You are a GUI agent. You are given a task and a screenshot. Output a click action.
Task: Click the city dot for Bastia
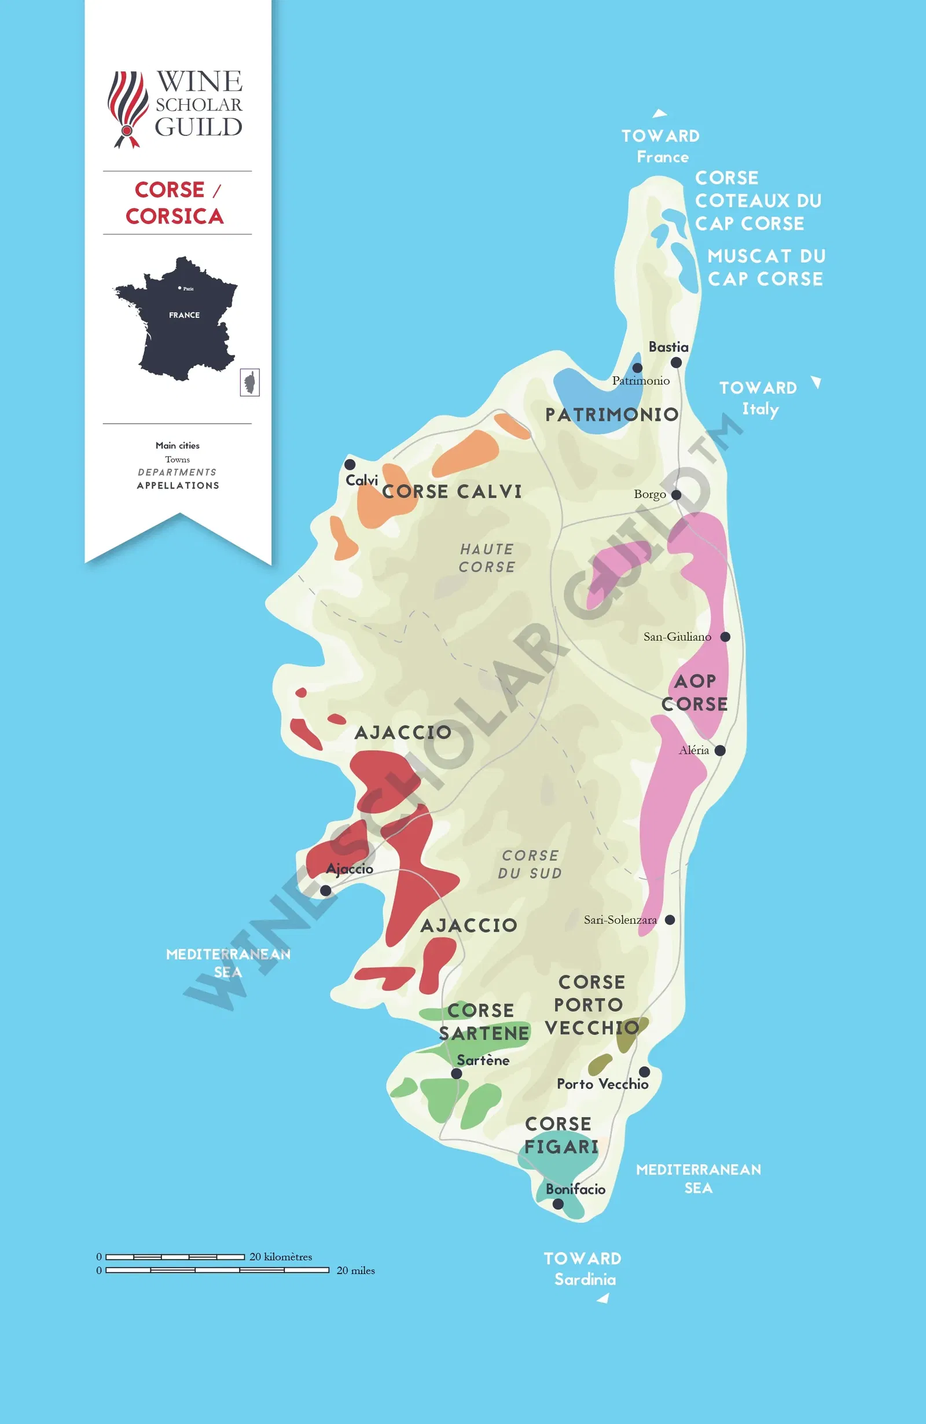[676, 362]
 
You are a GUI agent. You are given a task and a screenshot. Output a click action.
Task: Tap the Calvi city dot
[350, 464]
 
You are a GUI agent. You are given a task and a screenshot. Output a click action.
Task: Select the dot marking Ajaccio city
[325, 890]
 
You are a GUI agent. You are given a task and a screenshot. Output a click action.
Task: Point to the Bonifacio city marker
[557, 1203]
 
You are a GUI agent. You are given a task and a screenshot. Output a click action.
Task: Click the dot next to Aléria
[720, 750]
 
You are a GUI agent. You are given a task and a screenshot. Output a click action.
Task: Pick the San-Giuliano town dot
[725, 637]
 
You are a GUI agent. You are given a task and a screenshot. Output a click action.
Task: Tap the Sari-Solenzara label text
[620, 920]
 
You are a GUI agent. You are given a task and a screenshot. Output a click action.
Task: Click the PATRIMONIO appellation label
[611, 414]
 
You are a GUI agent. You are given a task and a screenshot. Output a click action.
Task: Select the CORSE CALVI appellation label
[451, 491]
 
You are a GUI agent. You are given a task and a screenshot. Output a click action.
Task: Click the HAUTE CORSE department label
[487, 557]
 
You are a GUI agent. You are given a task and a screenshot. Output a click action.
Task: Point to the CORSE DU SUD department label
[530, 864]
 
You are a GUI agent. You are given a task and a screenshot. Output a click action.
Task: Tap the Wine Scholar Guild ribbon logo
[127, 109]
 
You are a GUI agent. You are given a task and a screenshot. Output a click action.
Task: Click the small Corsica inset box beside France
[249, 381]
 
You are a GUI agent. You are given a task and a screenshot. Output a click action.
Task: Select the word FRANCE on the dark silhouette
[184, 315]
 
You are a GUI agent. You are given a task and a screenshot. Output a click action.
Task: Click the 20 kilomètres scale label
[281, 1257]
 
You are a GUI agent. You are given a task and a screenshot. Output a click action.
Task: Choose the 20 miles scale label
[355, 1270]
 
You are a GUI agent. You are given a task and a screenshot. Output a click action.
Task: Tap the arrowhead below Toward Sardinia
[604, 1298]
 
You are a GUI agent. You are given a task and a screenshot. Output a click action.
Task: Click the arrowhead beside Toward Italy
[817, 382]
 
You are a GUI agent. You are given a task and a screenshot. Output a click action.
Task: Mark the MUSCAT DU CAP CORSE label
[766, 267]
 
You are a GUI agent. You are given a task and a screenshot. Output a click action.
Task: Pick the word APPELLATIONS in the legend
[178, 485]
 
